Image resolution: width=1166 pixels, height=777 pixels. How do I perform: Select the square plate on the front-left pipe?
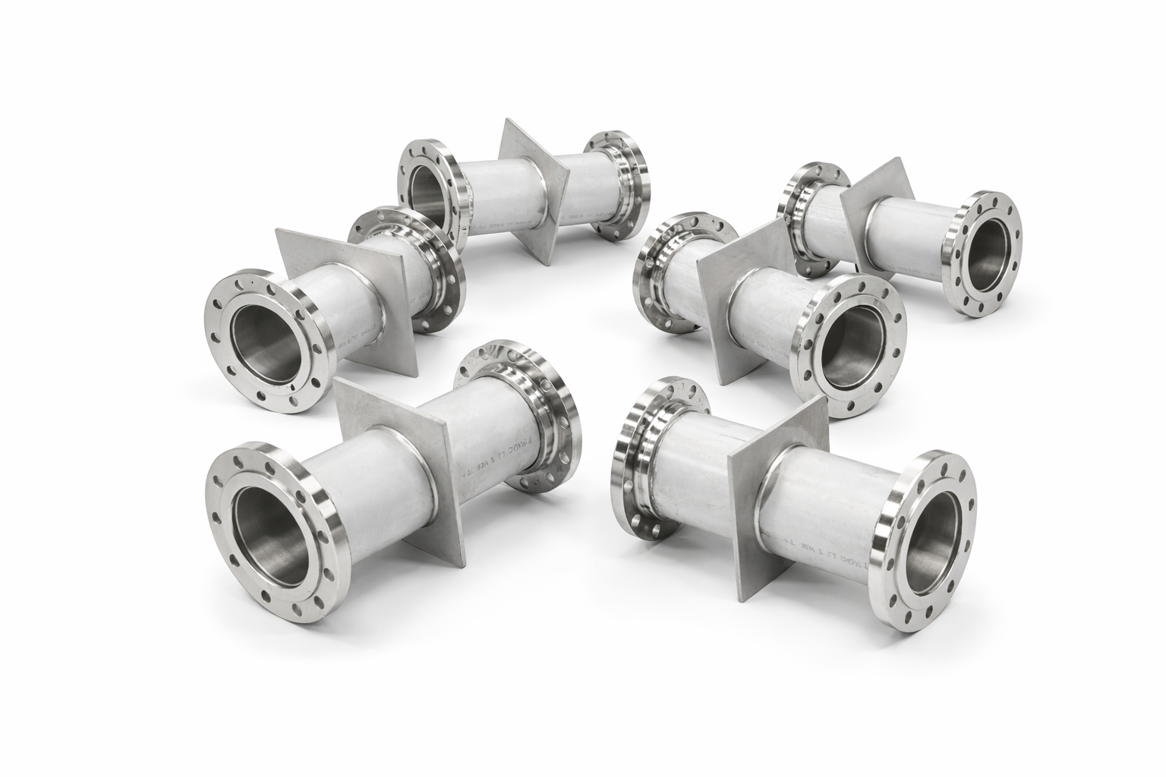click(380, 425)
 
